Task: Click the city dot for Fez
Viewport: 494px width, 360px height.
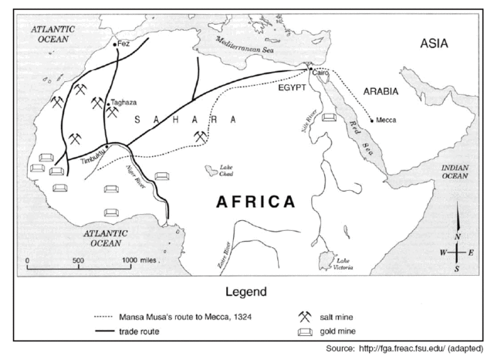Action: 115,45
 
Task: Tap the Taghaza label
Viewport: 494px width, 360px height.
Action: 123,101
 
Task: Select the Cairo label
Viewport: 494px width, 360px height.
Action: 321,72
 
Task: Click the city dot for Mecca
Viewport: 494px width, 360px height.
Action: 371,120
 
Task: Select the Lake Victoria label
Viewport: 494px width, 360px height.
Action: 345,267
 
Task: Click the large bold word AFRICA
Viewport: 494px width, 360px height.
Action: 255,202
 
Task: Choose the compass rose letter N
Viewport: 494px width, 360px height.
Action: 458,236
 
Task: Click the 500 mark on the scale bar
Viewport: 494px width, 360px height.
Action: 77,260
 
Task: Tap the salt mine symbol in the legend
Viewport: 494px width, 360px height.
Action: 306,316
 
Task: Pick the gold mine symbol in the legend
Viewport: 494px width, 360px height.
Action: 306,332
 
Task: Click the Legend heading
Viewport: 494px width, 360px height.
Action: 245,293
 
